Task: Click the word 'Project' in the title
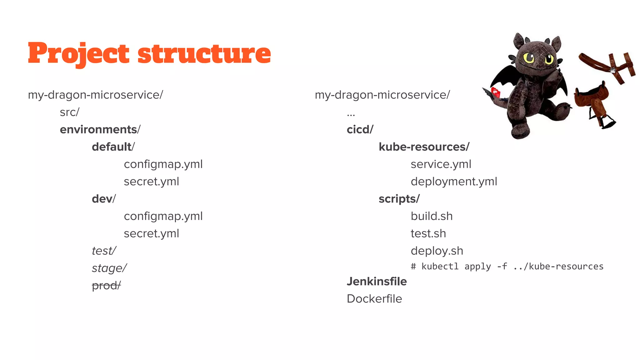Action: click(78, 54)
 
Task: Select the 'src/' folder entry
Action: click(69, 112)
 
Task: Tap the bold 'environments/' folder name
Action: click(100, 129)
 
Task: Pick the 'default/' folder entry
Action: click(113, 147)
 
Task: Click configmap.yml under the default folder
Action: click(163, 164)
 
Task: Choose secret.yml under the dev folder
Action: click(151, 234)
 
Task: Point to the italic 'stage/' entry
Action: click(109, 268)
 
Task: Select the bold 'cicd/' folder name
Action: click(360, 129)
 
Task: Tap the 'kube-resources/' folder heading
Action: click(424, 147)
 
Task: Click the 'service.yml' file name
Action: click(441, 164)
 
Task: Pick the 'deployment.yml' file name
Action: click(454, 182)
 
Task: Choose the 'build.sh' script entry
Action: click(432, 216)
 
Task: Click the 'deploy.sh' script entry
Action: click(437, 251)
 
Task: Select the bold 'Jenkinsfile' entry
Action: click(377, 282)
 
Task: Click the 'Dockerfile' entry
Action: click(374, 299)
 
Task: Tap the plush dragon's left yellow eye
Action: click(529, 58)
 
